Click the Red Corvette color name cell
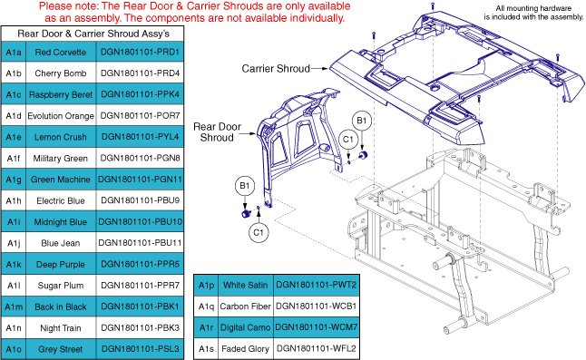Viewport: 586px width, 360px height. tap(61, 52)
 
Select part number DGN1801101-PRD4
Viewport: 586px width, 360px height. tap(140, 73)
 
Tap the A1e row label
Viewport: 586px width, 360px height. tap(14, 137)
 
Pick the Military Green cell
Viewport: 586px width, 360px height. tap(61, 159)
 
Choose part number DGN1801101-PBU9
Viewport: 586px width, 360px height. tap(140, 200)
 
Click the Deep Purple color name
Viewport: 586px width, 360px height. tap(61, 265)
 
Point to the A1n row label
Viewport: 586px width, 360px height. tap(14, 328)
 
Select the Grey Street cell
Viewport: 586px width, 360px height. tap(61, 349)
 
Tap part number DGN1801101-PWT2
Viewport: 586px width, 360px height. tap(317, 285)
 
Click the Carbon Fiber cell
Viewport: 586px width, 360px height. tap(245, 306)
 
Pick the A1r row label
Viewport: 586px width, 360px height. tap(206, 327)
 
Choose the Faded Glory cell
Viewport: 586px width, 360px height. tap(245, 349)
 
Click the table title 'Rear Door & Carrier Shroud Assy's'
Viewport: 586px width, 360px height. tap(93, 34)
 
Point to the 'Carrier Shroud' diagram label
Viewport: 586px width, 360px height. tap(276, 69)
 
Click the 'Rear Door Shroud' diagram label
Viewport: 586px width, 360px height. tap(217, 131)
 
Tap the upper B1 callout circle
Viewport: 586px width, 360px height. tap(361, 121)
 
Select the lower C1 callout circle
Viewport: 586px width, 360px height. tap(259, 232)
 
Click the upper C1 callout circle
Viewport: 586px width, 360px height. tap(348, 140)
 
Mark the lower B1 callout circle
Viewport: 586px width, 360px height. tap(244, 186)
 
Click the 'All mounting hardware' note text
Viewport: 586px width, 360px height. tap(533, 8)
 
